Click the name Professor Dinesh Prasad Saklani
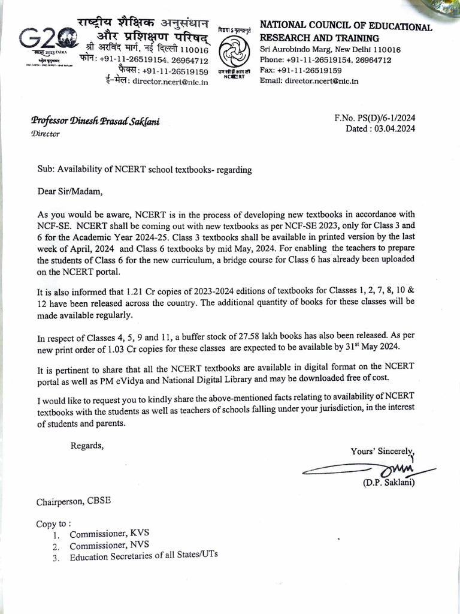[95, 122]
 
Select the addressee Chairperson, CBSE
[73, 501]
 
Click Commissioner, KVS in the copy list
[108, 534]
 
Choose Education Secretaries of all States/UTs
[144, 556]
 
